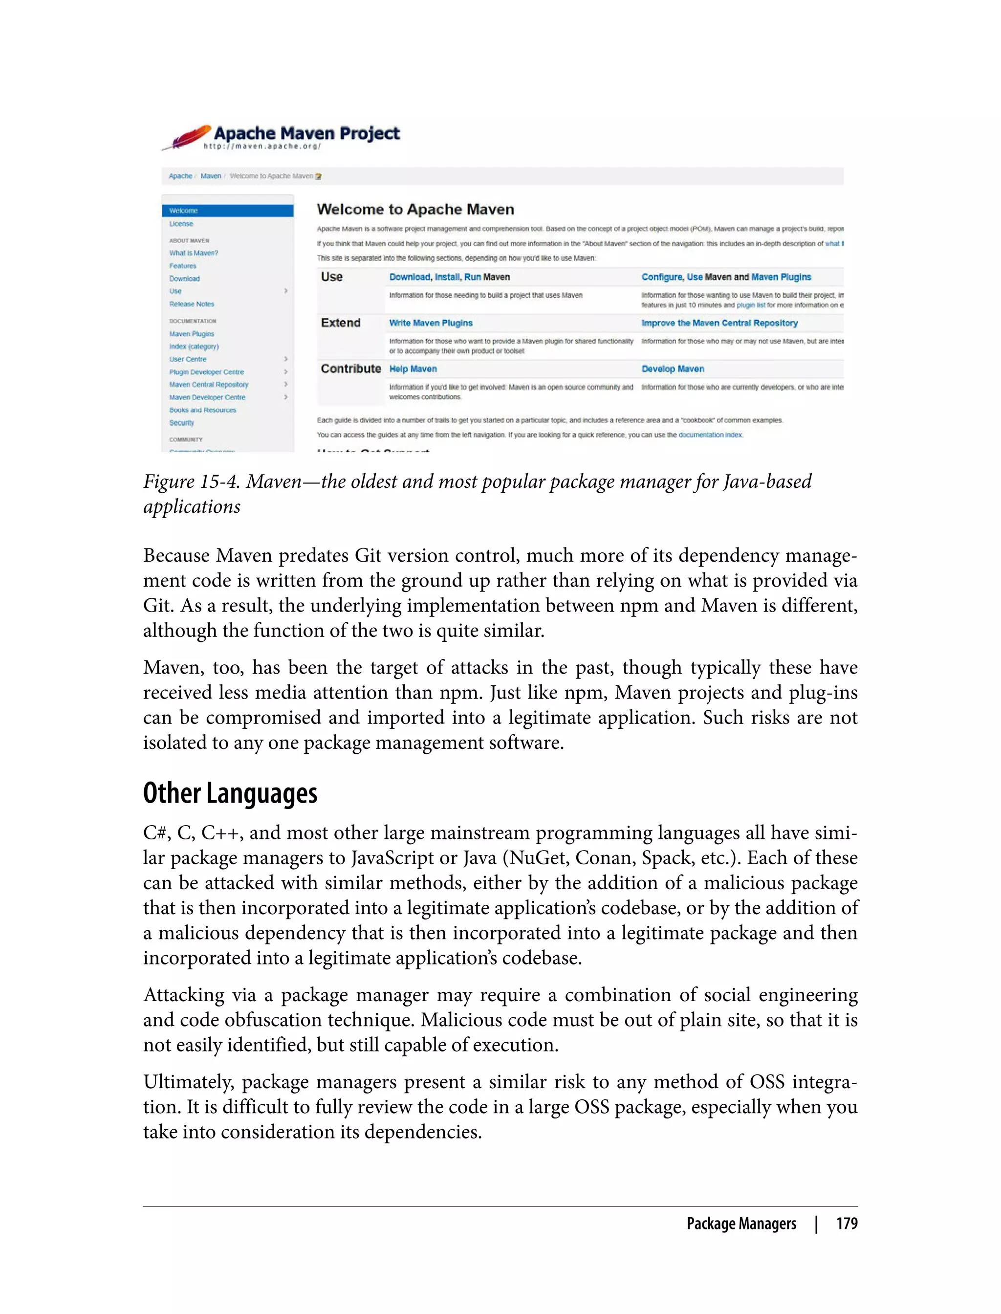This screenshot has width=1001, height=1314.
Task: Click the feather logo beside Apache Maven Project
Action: tap(188, 137)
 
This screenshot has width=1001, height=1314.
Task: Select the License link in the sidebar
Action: tap(181, 223)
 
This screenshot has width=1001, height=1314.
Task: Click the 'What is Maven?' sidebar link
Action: tap(194, 253)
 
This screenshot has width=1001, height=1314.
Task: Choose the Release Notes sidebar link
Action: tap(191, 304)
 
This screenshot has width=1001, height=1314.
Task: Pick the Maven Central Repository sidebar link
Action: tap(209, 384)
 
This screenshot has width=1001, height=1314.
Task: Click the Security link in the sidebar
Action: tap(182, 422)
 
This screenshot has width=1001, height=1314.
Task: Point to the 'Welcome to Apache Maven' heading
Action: tap(415, 210)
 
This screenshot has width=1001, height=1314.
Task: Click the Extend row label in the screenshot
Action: tap(341, 323)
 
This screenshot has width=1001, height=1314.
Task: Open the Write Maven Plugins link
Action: tap(431, 323)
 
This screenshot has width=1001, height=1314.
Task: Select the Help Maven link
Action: tap(413, 369)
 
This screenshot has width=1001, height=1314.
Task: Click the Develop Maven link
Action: tap(673, 369)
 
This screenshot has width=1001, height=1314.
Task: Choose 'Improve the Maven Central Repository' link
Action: tap(719, 323)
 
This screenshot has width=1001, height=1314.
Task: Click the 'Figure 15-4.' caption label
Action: tap(192, 482)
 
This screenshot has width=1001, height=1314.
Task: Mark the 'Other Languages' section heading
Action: tap(230, 793)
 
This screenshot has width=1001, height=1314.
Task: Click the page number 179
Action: tap(847, 1224)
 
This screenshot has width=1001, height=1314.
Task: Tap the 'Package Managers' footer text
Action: tap(741, 1224)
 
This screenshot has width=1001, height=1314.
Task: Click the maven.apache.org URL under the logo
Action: tap(262, 147)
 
